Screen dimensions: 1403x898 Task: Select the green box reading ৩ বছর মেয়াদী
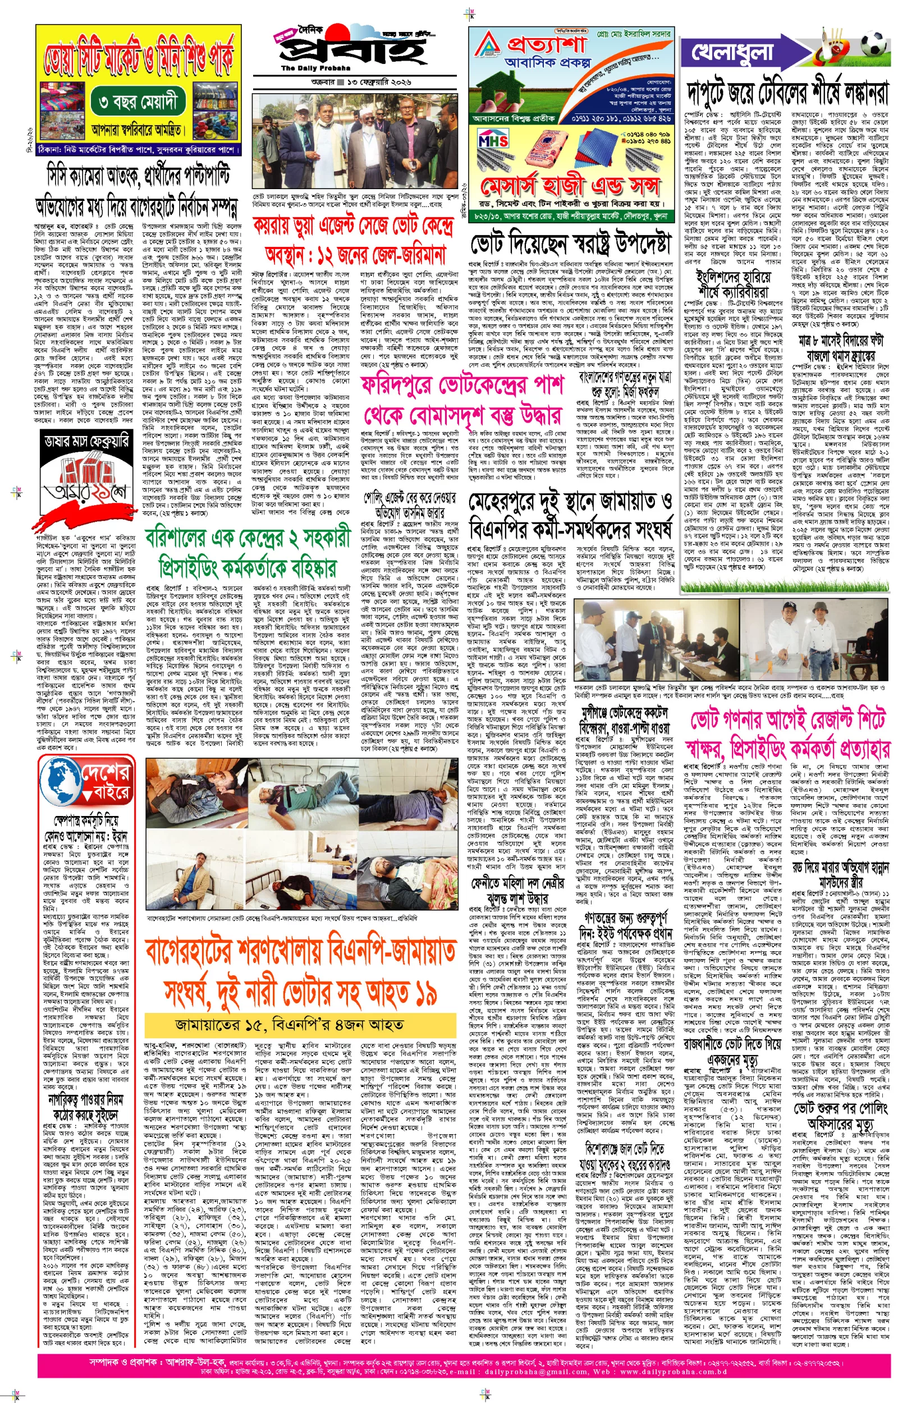(x=138, y=103)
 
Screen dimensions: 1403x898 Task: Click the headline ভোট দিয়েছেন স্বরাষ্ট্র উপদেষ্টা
(x=570, y=242)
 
